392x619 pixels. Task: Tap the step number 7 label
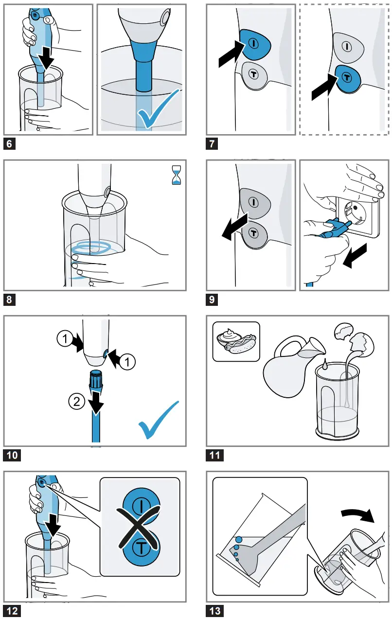coord(212,144)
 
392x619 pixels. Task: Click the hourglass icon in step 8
coord(176,176)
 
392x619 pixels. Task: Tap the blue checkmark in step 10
coord(158,419)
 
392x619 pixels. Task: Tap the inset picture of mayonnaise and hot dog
coord(236,341)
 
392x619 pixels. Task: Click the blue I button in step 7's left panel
coord(254,43)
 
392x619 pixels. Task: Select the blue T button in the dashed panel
coord(347,77)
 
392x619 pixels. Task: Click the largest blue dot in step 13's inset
coord(238,539)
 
